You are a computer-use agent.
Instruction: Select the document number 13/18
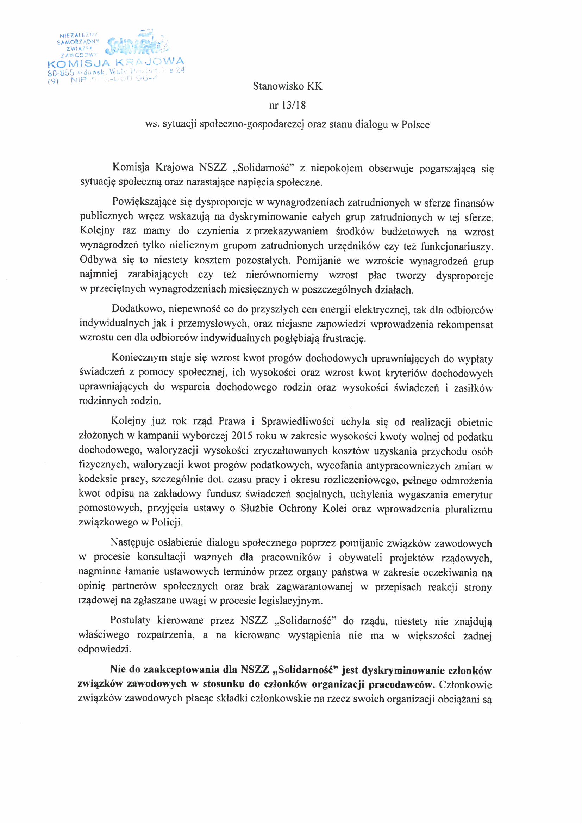pos(294,105)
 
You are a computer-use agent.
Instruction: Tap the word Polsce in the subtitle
pos(415,124)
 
